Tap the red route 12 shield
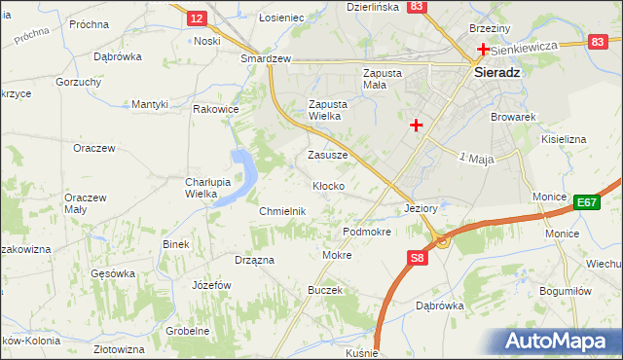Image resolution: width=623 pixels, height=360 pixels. pos(197,18)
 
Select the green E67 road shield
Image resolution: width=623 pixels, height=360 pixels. pos(585,201)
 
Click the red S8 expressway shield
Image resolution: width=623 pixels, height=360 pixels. pos(417,258)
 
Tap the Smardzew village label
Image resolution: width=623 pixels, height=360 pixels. pos(267,58)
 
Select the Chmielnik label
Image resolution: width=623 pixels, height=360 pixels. pos(283,211)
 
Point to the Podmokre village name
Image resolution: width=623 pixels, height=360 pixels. pos(367,233)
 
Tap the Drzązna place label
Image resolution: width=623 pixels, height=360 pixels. pos(254,260)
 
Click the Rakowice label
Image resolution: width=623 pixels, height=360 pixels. pos(216,109)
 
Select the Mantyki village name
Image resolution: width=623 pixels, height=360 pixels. pos(151,104)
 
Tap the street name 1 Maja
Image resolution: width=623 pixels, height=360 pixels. pos(477,158)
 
